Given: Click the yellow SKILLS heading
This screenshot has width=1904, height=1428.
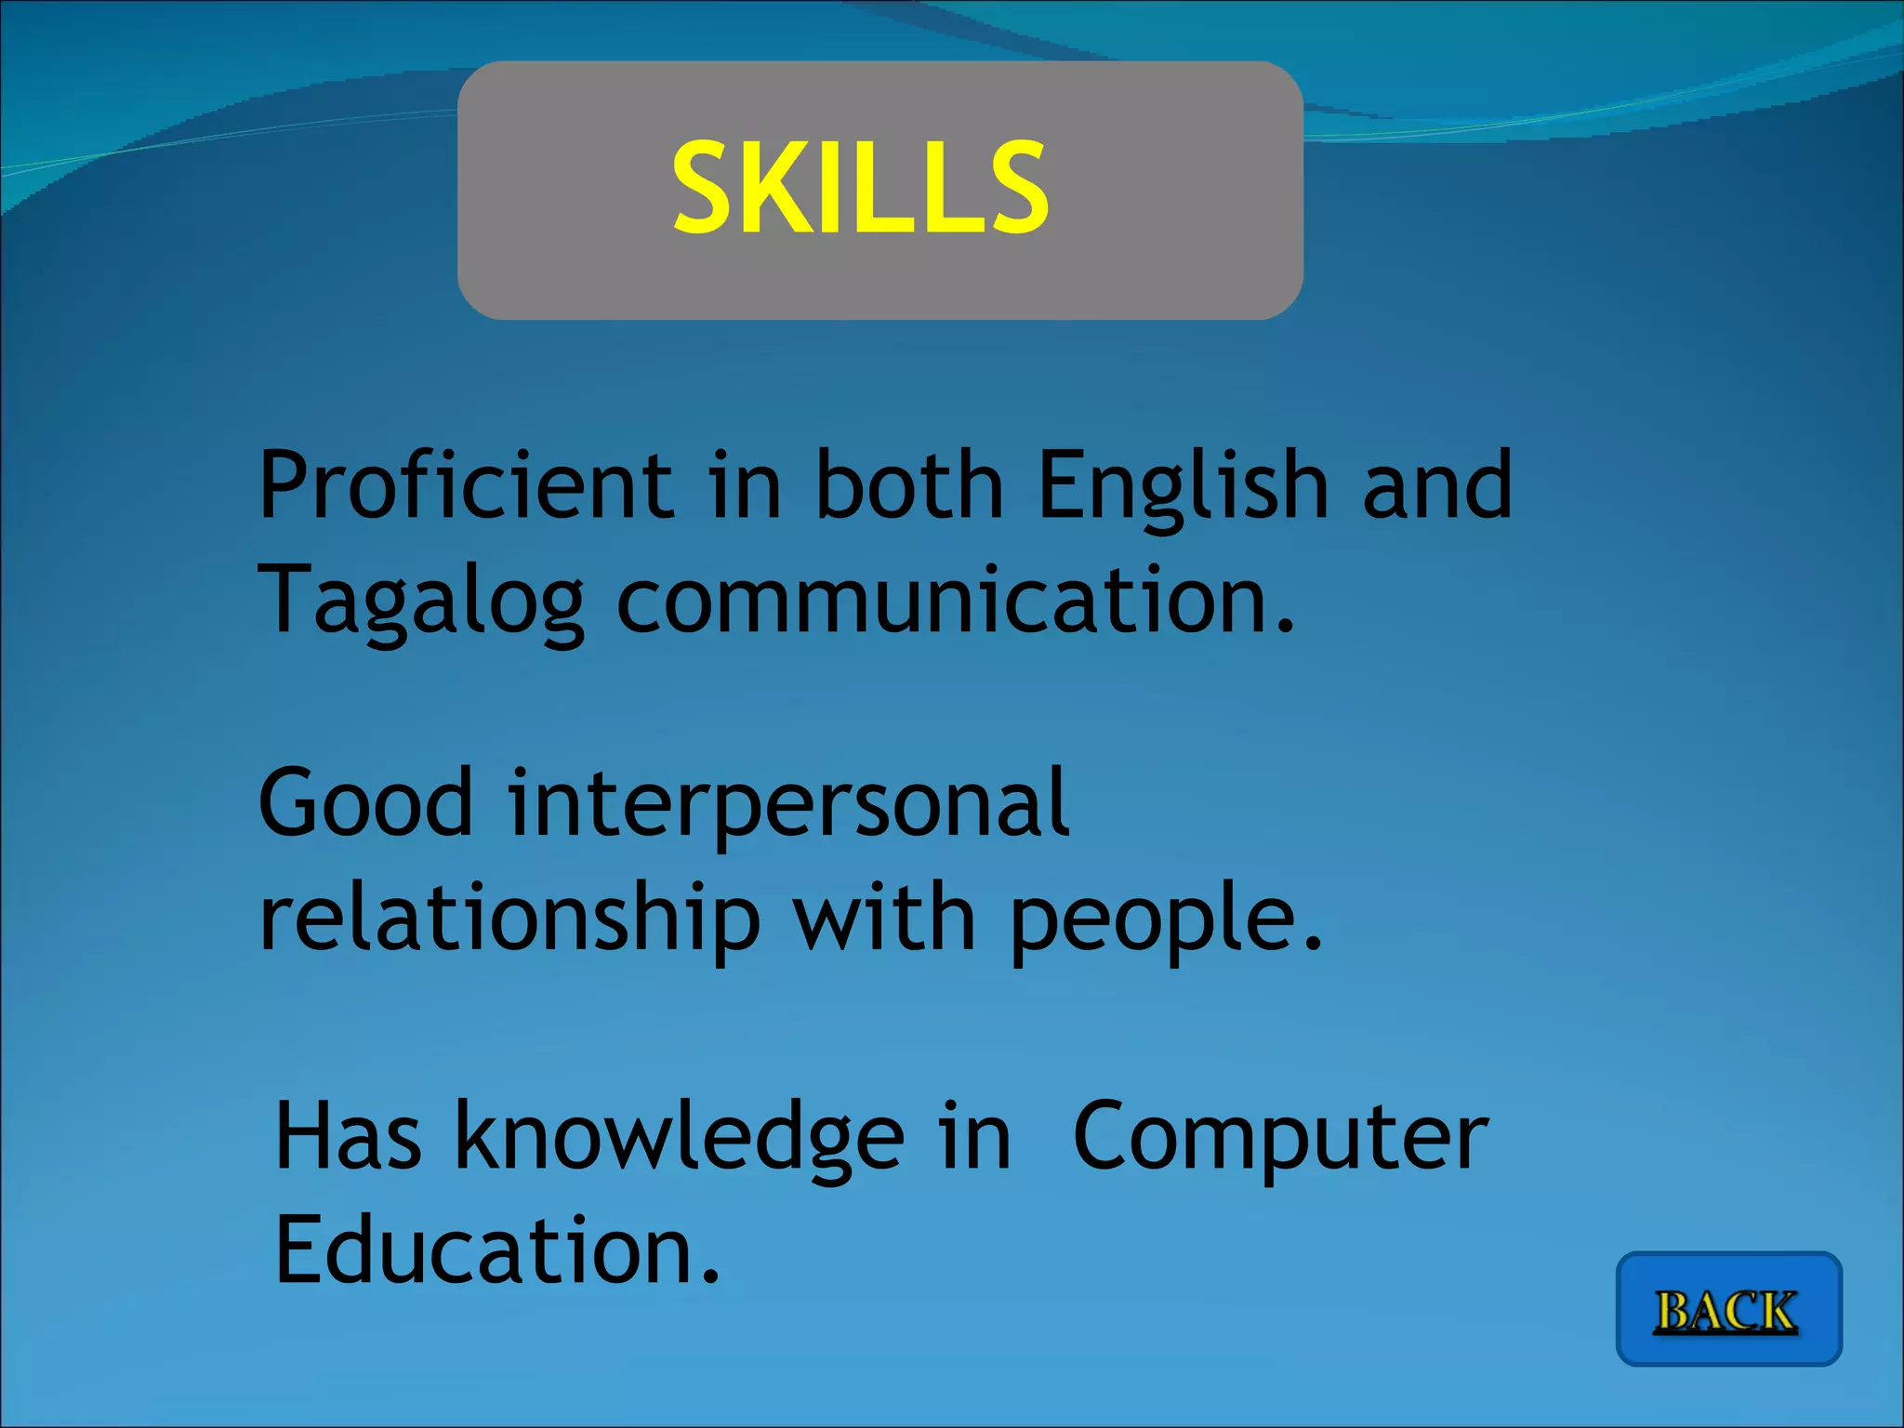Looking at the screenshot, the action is tap(861, 189).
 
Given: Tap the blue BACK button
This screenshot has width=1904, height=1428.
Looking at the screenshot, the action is tap(1728, 1310).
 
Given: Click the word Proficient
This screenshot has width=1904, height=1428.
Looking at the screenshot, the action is tap(466, 485).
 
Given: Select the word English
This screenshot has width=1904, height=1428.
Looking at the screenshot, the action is tap(1183, 485).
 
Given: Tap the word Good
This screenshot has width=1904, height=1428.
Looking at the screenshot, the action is tap(365, 803).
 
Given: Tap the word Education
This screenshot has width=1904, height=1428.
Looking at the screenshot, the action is tap(484, 1250).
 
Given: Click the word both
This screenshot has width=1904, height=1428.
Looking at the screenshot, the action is tap(909, 485).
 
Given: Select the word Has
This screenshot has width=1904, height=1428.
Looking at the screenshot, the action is tap(348, 1136).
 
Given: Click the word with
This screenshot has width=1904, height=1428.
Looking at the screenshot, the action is tap(884, 918).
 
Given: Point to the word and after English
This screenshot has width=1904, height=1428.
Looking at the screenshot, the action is tap(1437, 485).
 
